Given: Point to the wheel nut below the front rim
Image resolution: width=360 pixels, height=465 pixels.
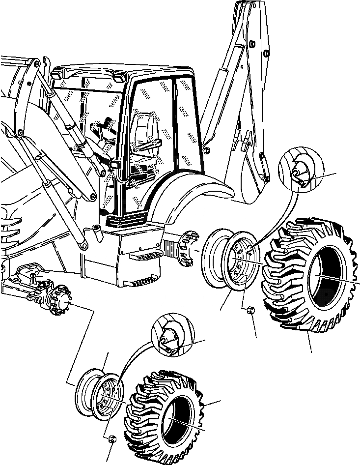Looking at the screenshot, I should click(x=111, y=439).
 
